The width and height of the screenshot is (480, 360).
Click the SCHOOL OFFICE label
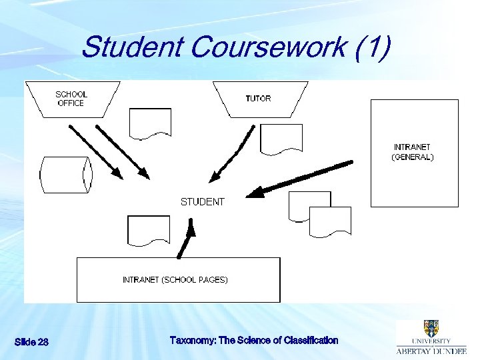[x=70, y=99]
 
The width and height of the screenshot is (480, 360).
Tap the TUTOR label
[x=258, y=99]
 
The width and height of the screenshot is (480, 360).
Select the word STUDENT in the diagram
[x=203, y=201]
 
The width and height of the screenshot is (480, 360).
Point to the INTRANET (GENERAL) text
[x=412, y=152]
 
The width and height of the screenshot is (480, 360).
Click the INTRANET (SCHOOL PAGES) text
[x=175, y=280]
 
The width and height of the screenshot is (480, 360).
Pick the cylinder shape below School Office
[x=65, y=175]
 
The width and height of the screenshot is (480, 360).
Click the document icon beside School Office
[x=150, y=124]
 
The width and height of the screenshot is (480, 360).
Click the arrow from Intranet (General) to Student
[x=300, y=178]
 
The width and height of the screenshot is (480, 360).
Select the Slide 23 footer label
[x=31, y=342]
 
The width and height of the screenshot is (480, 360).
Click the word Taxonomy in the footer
[x=193, y=340]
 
